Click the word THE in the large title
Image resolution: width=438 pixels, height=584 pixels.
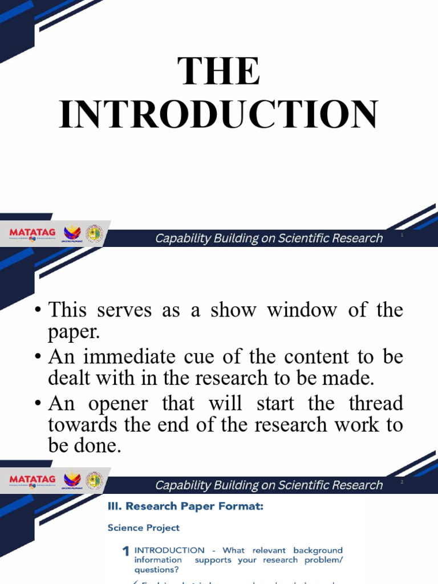tap(219, 71)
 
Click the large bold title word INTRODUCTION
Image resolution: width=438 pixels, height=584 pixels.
tap(219, 114)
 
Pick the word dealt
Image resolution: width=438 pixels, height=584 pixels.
tap(68, 378)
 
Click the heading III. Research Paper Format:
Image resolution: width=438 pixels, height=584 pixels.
tap(185, 506)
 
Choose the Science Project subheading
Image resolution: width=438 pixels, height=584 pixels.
tap(143, 528)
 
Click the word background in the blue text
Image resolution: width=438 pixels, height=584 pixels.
tap(318, 550)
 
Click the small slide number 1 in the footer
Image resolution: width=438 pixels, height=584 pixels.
tap(402, 235)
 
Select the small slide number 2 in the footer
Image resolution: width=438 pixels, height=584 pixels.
tap(402, 482)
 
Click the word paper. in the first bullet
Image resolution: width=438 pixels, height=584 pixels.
tap(71, 331)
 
